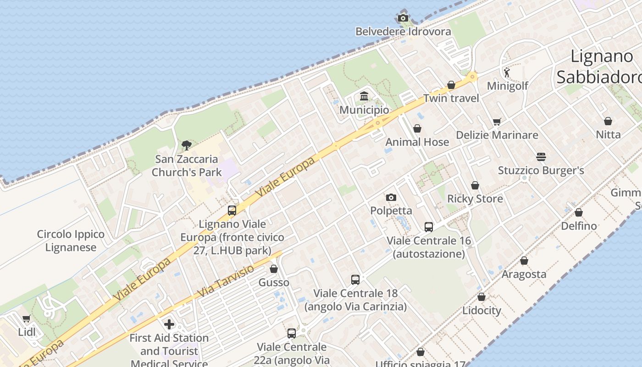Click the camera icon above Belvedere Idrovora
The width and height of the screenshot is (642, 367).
(403, 18)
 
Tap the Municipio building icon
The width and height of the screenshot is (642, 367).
(365, 96)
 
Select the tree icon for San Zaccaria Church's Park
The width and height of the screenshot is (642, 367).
(186, 145)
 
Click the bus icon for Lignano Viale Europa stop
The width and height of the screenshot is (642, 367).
(232, 211)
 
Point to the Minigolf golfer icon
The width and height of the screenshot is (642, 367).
(507, 72)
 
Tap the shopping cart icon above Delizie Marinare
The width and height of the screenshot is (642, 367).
(497, 122)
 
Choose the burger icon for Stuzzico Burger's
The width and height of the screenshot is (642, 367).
(541, 157)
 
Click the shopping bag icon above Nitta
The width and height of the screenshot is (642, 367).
(608, 121)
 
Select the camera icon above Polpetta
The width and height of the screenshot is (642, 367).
(391, 197)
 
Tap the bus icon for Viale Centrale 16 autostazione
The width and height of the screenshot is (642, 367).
(429, 227)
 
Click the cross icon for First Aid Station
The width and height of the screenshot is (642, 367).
(169, 324)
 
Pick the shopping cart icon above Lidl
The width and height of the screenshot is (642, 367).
(27, 318)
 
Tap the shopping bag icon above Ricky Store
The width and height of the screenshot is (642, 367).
(475, 185)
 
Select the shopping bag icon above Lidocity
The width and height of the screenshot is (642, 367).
(481, 297)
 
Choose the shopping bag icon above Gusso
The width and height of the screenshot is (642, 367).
(274, 269)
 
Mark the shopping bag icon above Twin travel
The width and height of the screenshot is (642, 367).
(451, 85)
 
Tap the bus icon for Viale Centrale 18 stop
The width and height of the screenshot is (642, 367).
(355, 279)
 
